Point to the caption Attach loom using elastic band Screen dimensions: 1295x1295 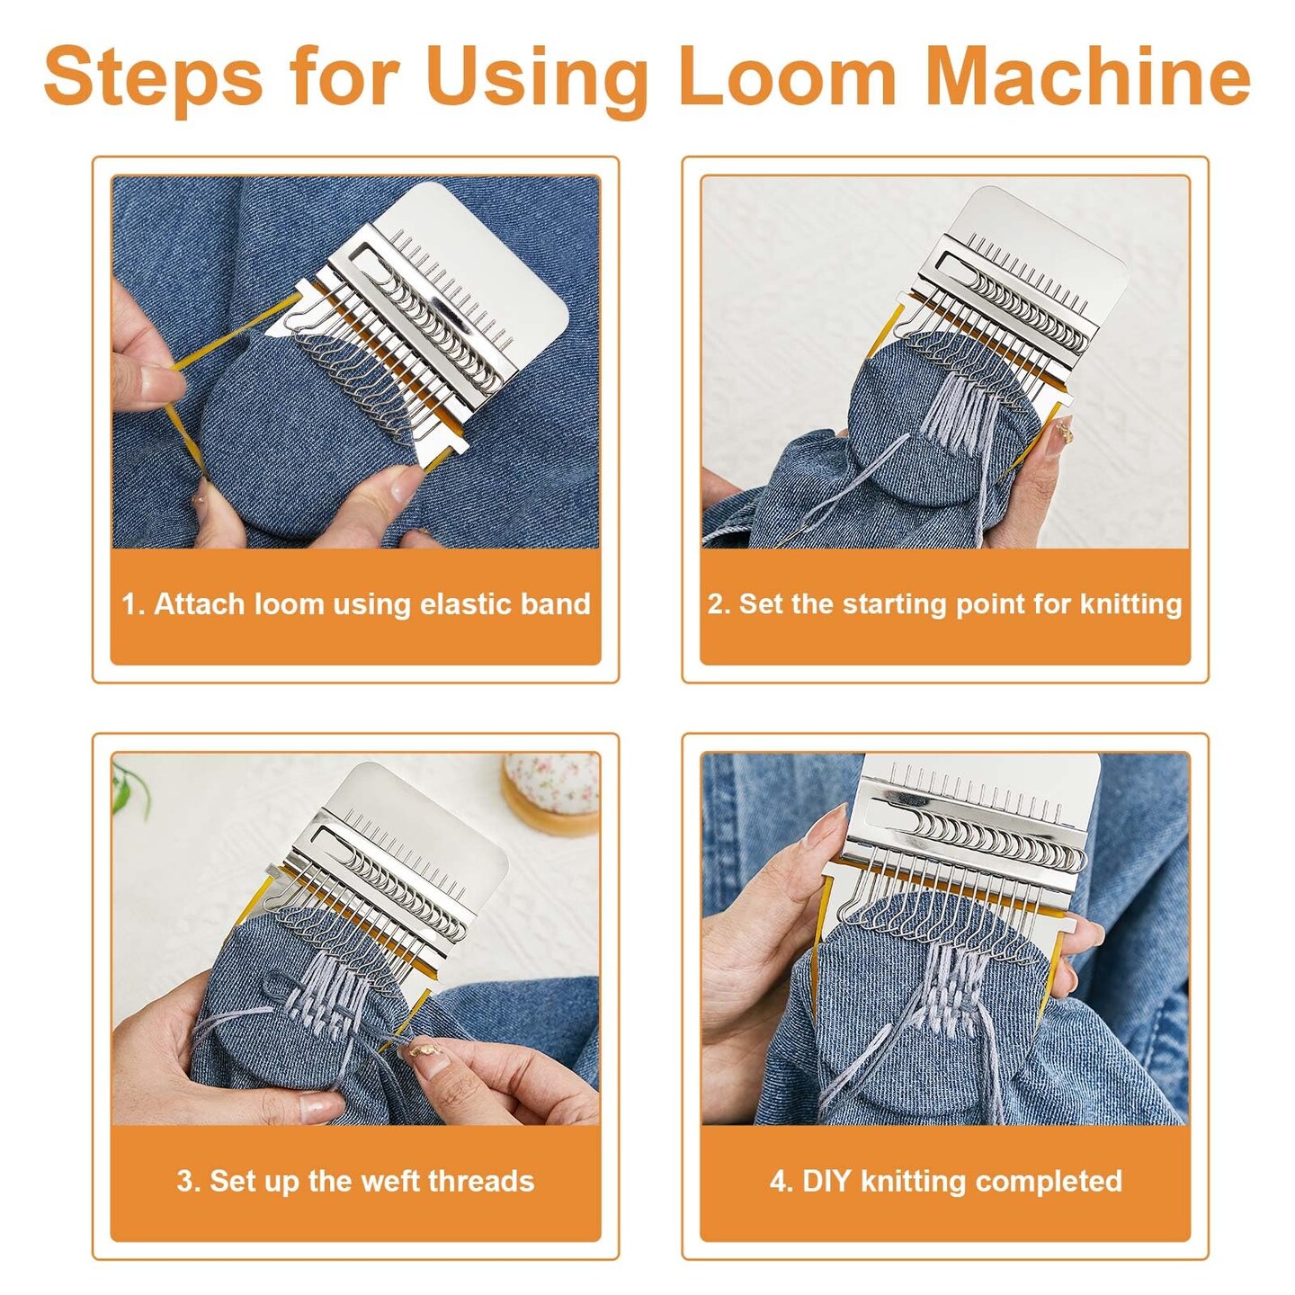click(x=356, y=604)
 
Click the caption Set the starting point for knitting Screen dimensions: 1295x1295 click(x=944, y=604)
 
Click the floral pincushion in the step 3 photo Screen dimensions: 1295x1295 click(x=552, y=793)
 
